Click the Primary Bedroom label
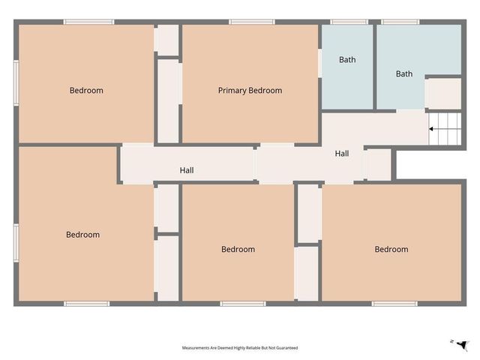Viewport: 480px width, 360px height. (250, 91)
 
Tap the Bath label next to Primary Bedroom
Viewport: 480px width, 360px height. (347, 60)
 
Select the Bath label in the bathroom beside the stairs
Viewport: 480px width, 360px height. (404, 73)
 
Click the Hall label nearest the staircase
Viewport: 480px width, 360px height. (341, 154)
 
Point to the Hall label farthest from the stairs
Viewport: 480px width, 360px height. (187, 171)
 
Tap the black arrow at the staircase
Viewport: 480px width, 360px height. (432, 129)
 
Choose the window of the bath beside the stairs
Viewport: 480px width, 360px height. (400, 22)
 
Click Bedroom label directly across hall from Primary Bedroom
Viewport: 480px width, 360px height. (238, 250)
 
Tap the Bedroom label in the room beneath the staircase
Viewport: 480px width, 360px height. (391, 250)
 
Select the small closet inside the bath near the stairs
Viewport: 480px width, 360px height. (443, 94)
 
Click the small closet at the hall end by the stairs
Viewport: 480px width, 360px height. (379, 164)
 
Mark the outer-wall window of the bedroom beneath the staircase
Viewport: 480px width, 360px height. (394, 304)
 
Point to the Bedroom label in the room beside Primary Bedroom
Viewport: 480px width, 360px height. (86, 91)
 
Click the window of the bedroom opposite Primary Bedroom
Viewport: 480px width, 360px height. (242, 304)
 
